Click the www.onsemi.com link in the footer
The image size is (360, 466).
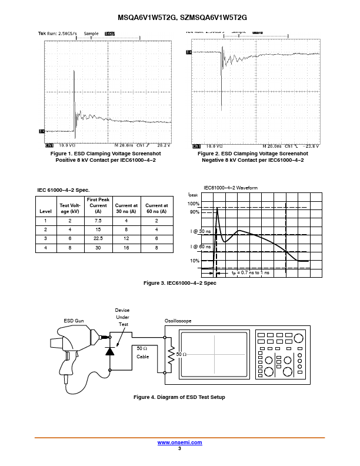[179, 442]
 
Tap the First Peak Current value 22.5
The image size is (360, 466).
[98, 238]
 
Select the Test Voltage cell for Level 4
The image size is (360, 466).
[75, 248]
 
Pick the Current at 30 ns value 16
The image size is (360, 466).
[126, 248]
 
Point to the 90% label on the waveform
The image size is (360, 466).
[195, 212]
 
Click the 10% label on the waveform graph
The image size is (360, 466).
[195, 261]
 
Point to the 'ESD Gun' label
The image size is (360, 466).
[75, 321]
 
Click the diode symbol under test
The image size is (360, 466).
[109, 351]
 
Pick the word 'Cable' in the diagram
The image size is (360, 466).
[143, 357]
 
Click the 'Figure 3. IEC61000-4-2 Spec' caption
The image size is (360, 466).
[180, 284]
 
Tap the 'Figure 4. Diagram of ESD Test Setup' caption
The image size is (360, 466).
[179, 397]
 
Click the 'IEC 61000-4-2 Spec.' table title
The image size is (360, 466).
[63, 190]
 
